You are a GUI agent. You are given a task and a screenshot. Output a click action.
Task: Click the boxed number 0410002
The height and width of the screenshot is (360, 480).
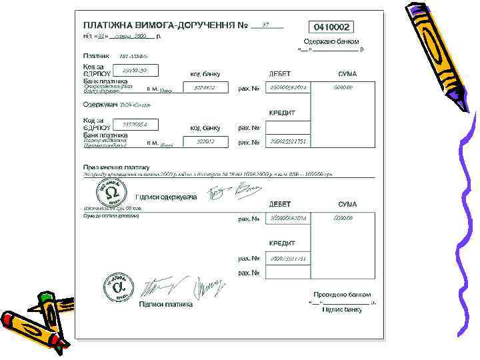click(331, 27)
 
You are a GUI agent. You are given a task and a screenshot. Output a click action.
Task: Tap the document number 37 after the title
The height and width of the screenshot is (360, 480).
click(266, 25)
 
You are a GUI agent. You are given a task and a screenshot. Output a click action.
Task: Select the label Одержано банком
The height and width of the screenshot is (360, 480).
click(331, 41)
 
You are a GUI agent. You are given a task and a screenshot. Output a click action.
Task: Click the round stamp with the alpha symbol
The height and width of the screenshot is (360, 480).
click(118, 287)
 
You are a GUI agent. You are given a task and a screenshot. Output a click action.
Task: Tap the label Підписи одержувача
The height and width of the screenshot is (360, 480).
click(166, 197)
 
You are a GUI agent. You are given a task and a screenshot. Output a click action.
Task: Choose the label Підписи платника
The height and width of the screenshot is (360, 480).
click(165, 304)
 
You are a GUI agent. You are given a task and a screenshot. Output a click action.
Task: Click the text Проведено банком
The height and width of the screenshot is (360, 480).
click(342, 294)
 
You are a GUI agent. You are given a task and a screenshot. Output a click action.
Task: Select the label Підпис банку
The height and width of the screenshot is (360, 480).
click(342, 309)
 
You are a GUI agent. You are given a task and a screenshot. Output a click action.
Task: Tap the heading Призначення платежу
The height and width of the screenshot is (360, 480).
click(116, 167)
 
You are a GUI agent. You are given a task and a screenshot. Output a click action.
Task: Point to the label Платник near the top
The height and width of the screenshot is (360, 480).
click(97, 56)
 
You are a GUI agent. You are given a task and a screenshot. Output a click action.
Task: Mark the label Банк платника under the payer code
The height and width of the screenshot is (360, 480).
click(105, 81)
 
